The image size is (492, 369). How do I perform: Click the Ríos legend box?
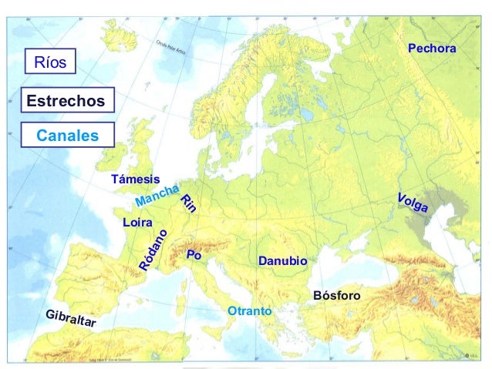pyautogui.click(x=51, y=62)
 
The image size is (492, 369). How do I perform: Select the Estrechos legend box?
pyautogui.click(x=65, y=101)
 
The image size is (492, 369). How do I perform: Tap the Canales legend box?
pyautogui.click(x=68, y=136)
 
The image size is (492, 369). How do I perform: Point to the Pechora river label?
pyautogui.click(x=432, y=49)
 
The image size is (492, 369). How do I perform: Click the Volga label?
pyautogui.click(x=413, y=204)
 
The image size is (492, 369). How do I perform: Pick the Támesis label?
pyautogui.click(x=136, y=179)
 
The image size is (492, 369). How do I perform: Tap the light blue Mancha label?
pyautogui.click(x=157, y=196)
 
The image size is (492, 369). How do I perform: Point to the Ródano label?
pyautogui.click(x=154, y=250)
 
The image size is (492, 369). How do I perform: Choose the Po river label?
pyautogui.click(x=194, y=254)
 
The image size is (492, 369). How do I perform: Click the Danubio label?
pyautogui.click(x=282, y=262)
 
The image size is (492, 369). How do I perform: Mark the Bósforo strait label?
pyautogui.click(x=337, y=296)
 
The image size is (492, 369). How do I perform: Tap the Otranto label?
pyautogui.click(x=250, y=310)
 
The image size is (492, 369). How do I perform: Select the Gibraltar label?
pyautogui.click(x=70, y=319)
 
